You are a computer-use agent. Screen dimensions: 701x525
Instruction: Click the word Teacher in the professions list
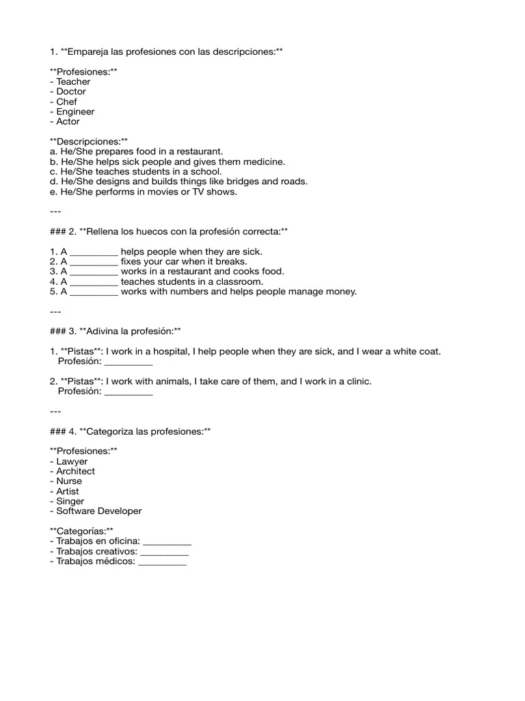click(x=73, y=81)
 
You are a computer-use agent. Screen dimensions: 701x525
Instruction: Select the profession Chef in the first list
click(x=66, y=101)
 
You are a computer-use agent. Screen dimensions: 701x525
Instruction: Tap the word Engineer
click(x=75, y=112)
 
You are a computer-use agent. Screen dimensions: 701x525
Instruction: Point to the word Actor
click(x=68, y=121)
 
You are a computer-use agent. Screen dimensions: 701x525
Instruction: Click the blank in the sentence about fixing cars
click(x=94, y=262)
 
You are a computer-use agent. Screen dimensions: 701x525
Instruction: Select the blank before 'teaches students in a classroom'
click(x=94, y=282)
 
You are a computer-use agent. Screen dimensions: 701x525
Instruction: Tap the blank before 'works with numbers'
click(x=94, y=292)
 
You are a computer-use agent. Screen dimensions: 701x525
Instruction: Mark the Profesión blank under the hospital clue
click(x=128, y=362)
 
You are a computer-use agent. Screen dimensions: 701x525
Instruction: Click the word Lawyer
click(x=72, y=461)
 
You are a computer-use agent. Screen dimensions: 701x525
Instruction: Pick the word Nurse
click(x=69, y=481)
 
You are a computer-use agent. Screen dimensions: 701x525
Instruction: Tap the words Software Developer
click(x=99, y=511)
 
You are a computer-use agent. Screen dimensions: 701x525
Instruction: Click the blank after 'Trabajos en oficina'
click(x=167, y=542)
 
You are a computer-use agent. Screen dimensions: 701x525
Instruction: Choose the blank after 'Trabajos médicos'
click(x=162, y=562)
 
